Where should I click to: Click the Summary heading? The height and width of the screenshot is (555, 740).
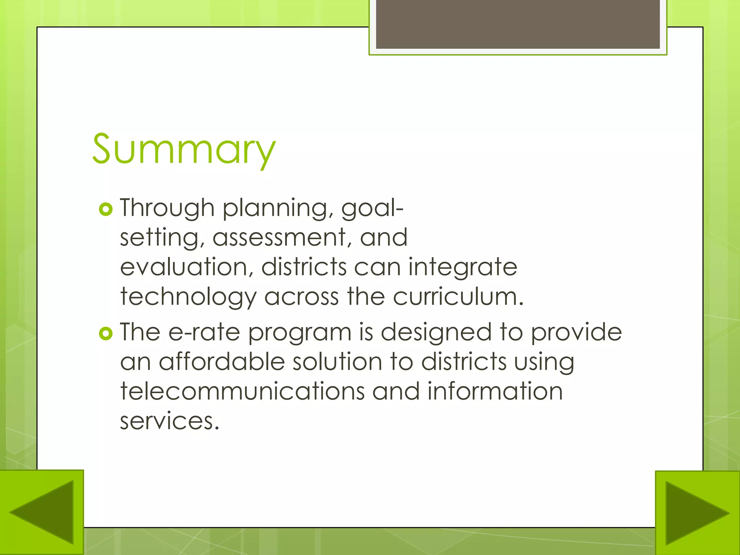pos(184,149)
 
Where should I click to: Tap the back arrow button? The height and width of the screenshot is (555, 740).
pos(42,512)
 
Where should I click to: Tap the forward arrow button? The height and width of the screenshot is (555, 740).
pos(697,513)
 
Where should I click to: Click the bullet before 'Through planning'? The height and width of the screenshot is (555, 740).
pos(106,209)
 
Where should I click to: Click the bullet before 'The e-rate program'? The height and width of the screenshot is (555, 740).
pos(106,333)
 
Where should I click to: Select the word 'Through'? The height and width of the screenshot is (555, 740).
pos(167,208)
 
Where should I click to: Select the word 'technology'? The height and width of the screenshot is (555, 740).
pos(188,297)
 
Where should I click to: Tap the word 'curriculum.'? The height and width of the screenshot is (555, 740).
pos(458,297)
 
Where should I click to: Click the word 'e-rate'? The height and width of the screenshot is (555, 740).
pos(204,332)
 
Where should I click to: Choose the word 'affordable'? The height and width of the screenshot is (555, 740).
pos(222,362)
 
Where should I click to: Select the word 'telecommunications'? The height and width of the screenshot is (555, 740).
pos(242,391)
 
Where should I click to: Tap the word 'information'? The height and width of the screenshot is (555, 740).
pos(495,391)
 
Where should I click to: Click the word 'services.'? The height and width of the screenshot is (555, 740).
pos(169,421)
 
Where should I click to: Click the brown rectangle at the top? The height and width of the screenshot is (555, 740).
pos(518,24)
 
